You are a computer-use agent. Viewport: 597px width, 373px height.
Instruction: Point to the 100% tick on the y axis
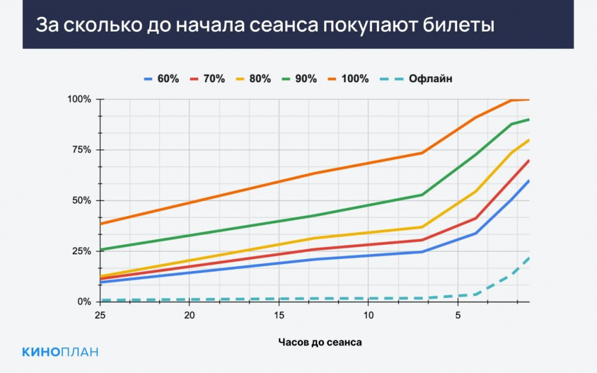(x=78, y=99)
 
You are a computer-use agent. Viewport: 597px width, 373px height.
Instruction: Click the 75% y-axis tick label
(x=80, y=150)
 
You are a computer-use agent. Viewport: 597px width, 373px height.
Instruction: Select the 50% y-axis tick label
(x=80, y=200)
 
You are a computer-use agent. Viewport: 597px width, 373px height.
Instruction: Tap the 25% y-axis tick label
(x=80, y=251)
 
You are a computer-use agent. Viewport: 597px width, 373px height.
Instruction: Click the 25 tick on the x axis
(x=100, y=315)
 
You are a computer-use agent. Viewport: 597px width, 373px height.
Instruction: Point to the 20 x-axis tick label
(x=189, y=315)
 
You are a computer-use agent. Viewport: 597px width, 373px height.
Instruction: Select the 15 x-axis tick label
(x=279, y=315)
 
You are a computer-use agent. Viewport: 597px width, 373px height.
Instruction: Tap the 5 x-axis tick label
(x=458, y=315)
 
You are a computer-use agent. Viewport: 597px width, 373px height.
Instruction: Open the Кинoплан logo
(x=60, y=351)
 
